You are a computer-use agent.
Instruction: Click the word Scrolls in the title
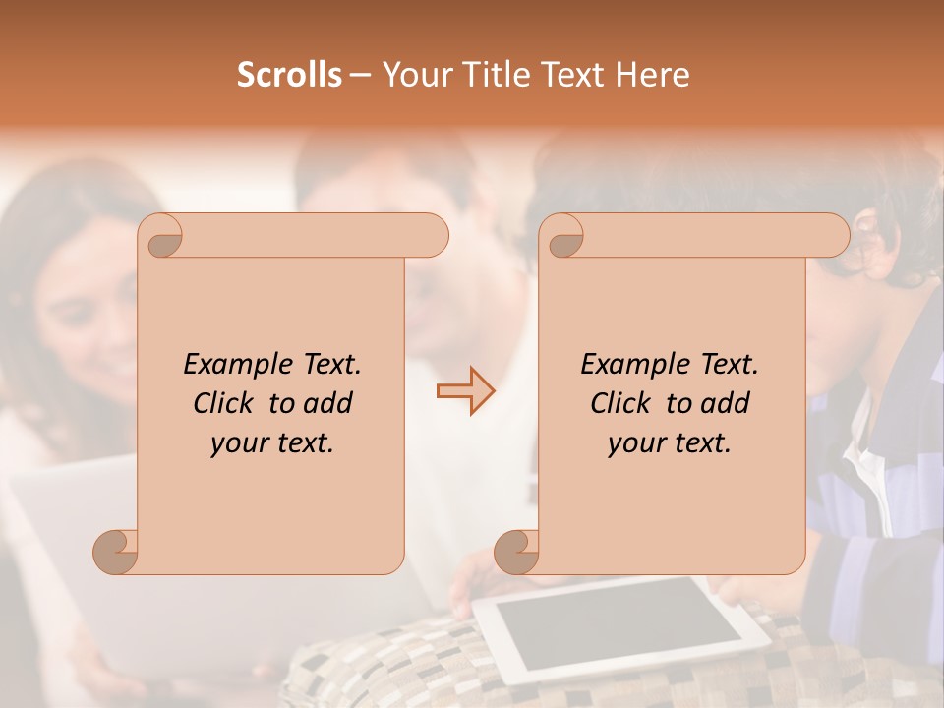[289, 75]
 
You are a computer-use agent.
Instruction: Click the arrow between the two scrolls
[465, 390]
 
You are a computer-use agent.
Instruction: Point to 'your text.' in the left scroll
[272, 443]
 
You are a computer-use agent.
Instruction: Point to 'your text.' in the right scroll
[670, 443]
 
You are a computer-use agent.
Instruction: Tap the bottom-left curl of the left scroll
[115, 551]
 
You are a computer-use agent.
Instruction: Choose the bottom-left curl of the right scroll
[516, 551]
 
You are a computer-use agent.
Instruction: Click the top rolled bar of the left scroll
[305, 235]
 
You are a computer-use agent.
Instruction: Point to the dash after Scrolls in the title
[360, 75]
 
